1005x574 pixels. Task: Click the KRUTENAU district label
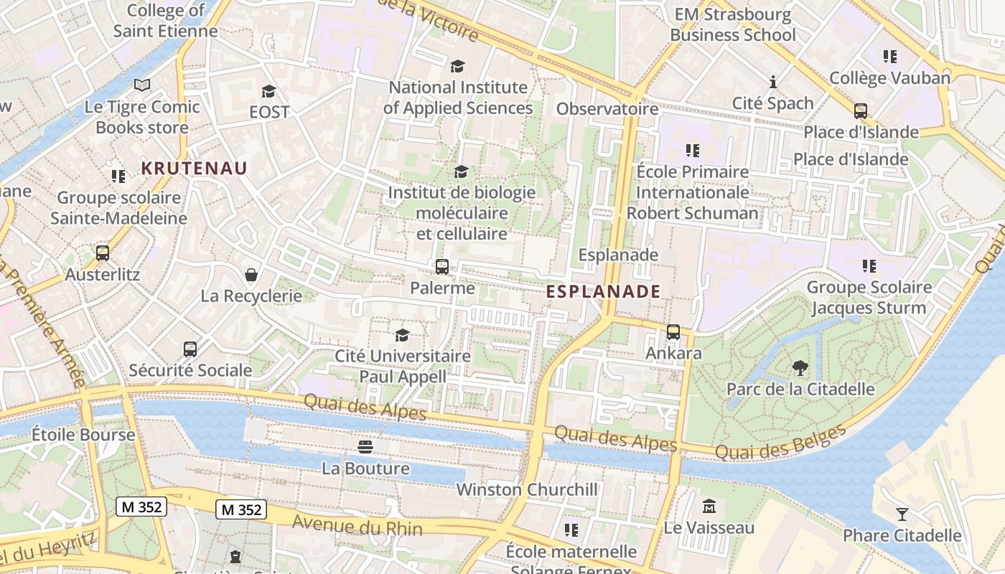(194, 169)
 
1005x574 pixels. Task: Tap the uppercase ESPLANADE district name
(603, 291)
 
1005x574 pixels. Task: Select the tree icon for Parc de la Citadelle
(800, 369)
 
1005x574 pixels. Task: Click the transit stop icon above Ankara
(673, 332)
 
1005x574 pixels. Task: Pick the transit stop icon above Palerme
(442, 267)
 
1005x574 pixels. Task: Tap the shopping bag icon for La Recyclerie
(251, 275)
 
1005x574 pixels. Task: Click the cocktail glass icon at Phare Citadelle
(902, 514)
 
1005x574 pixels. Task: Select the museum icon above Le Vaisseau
(709, 506)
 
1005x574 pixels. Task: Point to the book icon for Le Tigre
(142, 85)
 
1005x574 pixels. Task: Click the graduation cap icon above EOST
(269, 91)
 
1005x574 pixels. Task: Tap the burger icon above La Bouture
(365, 447)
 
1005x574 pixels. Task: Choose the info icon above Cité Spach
(772, 82)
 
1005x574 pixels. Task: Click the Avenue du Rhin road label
(357, 525)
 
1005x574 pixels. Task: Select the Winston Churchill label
(527, 489)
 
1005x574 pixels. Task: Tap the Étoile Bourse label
(83, 435)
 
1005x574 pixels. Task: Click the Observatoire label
(607, 109)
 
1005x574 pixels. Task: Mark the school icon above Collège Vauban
(890, 56)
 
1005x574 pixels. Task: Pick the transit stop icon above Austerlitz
(103, 253)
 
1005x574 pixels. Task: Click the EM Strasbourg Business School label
(733, 24)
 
